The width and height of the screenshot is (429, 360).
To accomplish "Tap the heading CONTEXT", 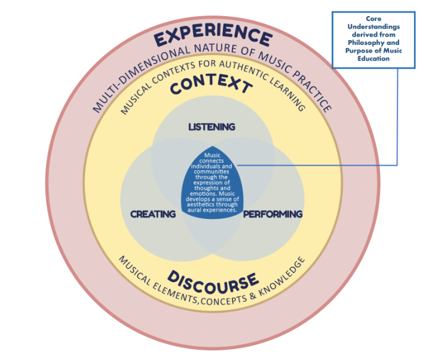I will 211,87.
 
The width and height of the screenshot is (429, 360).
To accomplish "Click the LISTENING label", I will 212,127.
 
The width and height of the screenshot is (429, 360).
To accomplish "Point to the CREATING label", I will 153,213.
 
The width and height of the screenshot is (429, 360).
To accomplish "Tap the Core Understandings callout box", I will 373,38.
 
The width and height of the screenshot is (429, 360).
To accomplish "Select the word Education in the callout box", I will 373,59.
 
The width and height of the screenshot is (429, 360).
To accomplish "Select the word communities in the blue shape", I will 212,171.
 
